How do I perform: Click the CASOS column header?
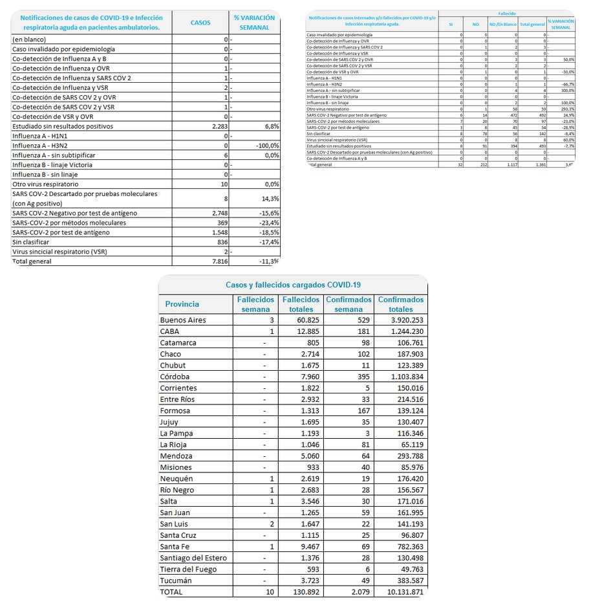(x=200, y=22)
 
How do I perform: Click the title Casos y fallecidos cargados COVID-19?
(x=293, y=284)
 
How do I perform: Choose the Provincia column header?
(x=182, y=304)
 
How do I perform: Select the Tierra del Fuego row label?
(x=188, y=569)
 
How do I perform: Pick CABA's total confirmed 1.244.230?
(x=402, y=331)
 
